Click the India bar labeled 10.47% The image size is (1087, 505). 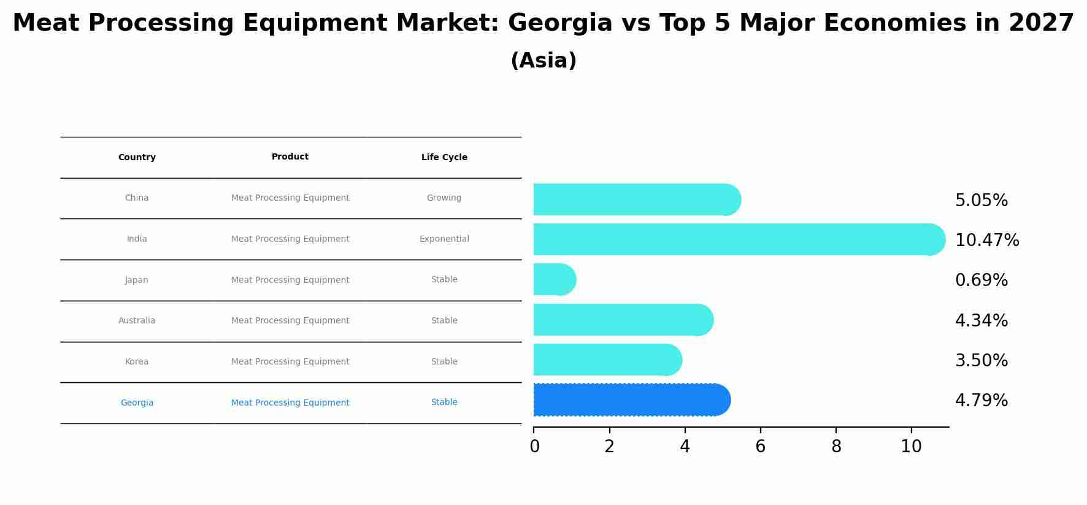tap(736, 239)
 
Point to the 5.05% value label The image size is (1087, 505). tap(981, 201)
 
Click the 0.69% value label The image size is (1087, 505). tap(981, 280)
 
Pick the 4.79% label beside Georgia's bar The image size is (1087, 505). tap(981, 401)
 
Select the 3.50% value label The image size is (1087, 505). tap(981, 361)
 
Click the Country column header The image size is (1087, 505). tap(137, 158)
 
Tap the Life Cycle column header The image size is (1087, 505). tap(444, 158)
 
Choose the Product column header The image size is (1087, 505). tap(290, 157)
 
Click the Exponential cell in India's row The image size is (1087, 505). tap(444, 239)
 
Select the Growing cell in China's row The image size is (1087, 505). tap(444, 198)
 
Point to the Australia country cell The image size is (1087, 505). tap(137, 321)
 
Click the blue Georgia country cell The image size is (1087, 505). tap(137, 403)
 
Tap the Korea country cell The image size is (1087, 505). tap(137, 362)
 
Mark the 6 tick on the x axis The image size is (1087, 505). tap(760, 447)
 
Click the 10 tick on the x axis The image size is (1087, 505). tap(911, 447)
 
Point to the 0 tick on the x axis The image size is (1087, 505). tap(534, 447)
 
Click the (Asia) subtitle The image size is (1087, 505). tap(543, 61)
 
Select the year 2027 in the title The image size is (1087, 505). tap(1041, 23)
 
